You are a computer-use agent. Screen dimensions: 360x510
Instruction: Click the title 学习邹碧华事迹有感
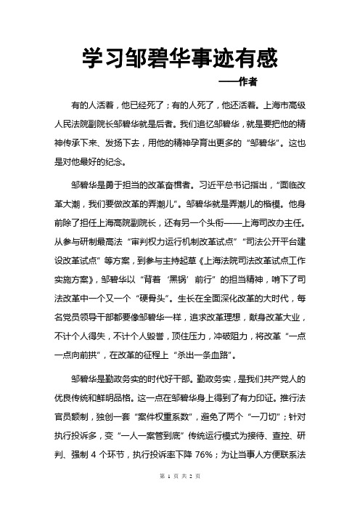[x=179, y=56]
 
